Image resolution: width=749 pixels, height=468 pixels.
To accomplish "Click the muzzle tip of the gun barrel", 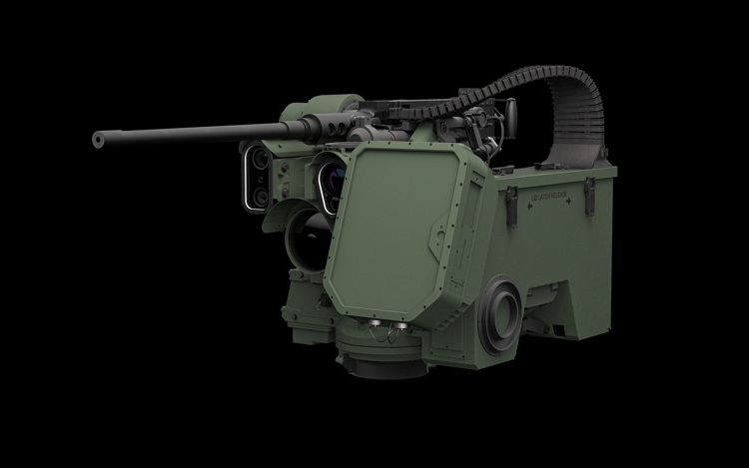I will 98,142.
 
